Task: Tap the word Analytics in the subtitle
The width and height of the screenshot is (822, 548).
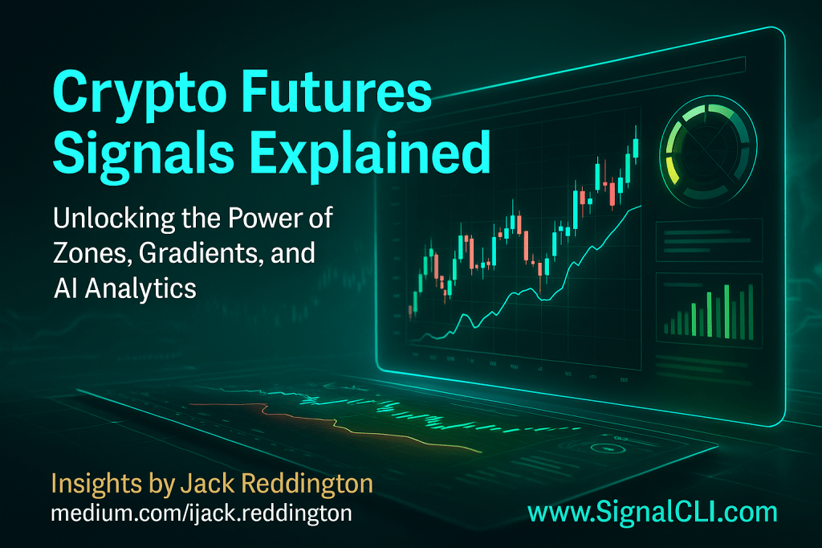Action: (140, 288)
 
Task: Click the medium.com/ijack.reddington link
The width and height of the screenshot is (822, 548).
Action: (201, 513)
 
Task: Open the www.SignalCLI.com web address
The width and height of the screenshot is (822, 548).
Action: (652, 513)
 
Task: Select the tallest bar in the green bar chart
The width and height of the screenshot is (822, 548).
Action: (726, 312)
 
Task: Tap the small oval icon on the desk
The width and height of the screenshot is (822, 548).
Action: (608, 449)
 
